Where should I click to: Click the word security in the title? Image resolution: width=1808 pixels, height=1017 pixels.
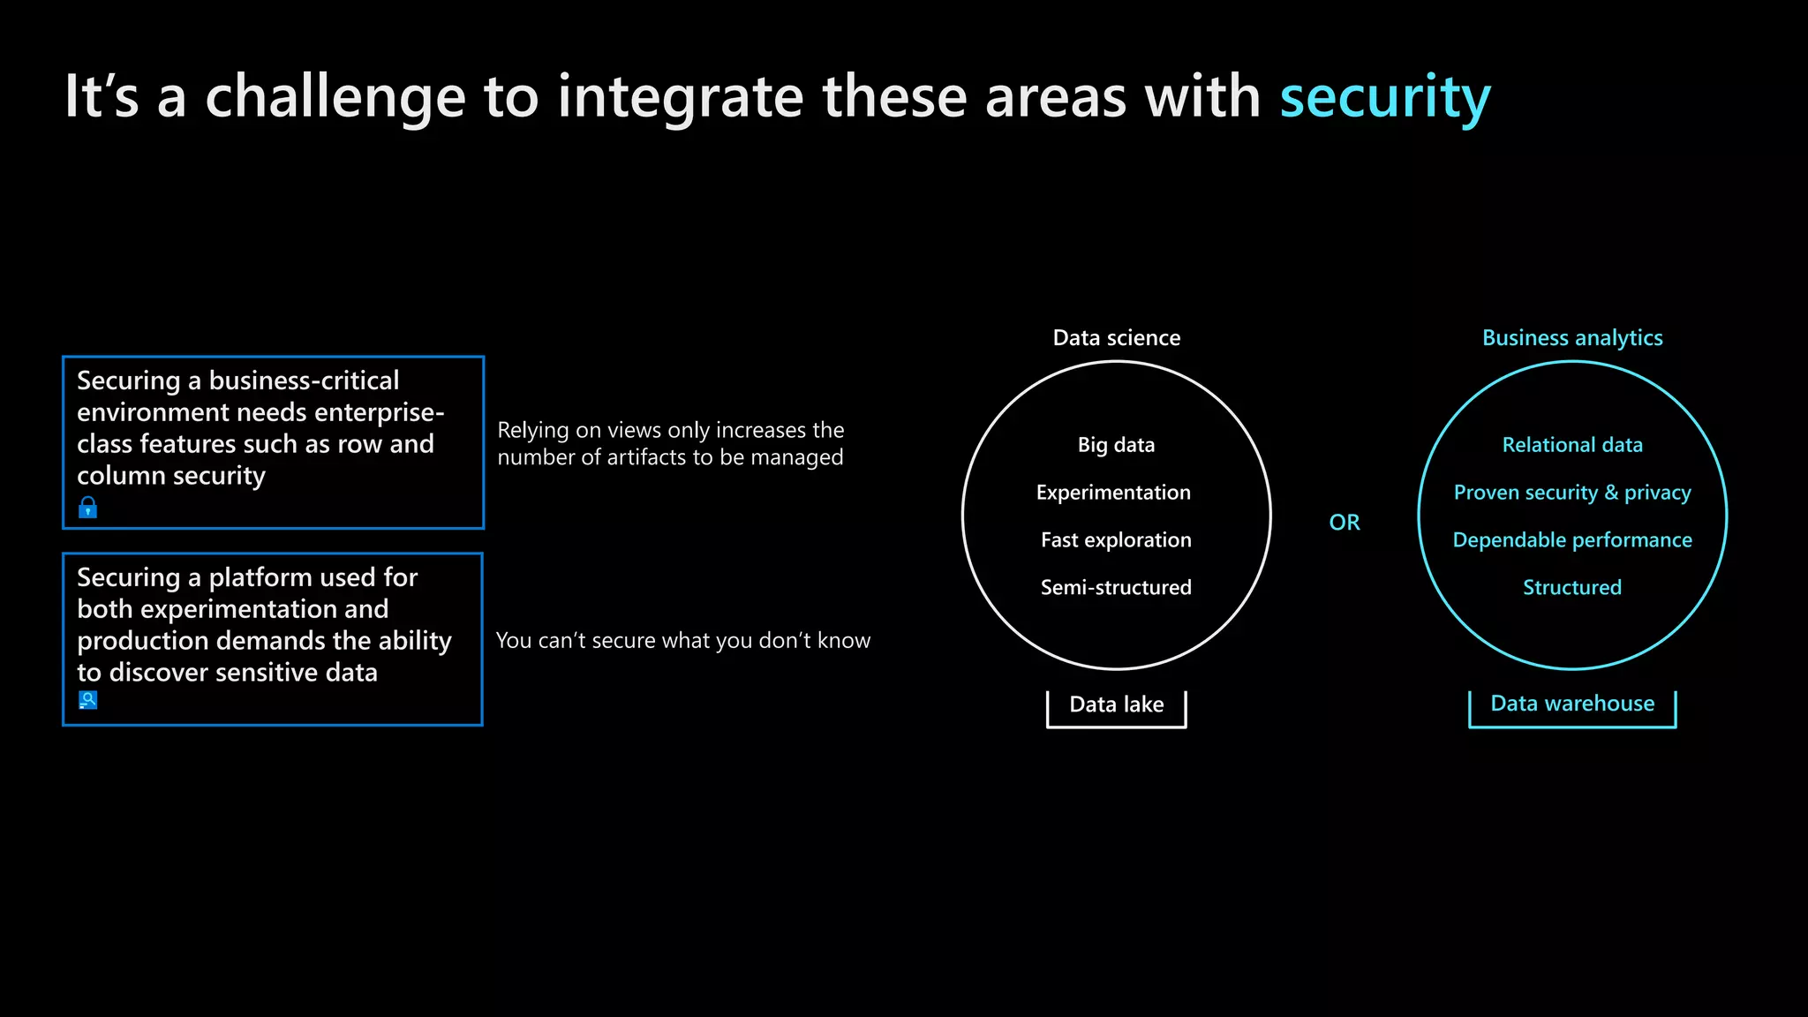coord(1384,97)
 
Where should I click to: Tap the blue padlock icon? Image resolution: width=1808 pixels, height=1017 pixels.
coord(87,508)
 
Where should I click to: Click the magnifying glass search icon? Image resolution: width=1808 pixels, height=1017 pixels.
coord(87,700)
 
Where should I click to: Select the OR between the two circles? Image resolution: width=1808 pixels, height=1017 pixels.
coord(1345,523)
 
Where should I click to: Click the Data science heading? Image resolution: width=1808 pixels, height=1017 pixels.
coord(1116,338)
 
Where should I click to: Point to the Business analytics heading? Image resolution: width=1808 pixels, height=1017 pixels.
coord(1571,338)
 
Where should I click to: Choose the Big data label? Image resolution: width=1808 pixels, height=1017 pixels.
coord(1116,445)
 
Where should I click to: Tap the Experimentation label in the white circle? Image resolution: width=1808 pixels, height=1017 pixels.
coord(1113,493)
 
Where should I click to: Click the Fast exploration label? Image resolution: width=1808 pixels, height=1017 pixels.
coord(1116,540)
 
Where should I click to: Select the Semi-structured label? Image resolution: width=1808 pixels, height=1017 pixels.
coord(1116,588)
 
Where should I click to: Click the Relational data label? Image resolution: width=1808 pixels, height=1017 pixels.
coord(1571,445)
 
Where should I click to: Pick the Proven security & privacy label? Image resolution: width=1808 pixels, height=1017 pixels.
coord(1571,493)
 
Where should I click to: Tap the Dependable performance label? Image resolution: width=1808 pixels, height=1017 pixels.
coord(1571,540)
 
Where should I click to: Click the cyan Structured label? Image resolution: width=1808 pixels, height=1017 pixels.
coord(1571,588)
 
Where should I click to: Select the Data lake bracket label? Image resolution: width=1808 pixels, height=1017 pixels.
coord(1116,704)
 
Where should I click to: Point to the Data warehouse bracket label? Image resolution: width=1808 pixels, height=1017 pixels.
coord(1571,704)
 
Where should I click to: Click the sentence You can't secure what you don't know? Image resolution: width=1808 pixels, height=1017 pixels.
coord(682,641)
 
